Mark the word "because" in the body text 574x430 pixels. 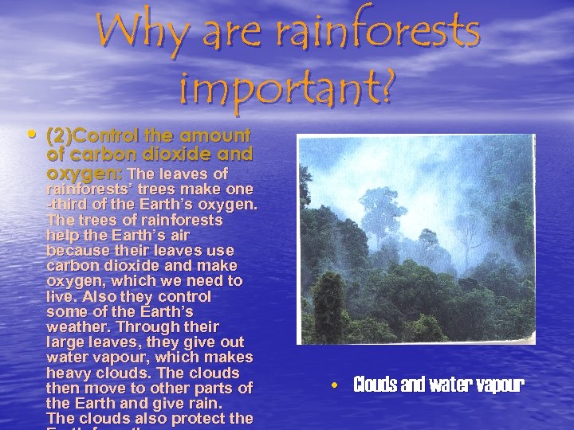tap(77, 250)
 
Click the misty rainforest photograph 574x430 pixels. tap(415, 237)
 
